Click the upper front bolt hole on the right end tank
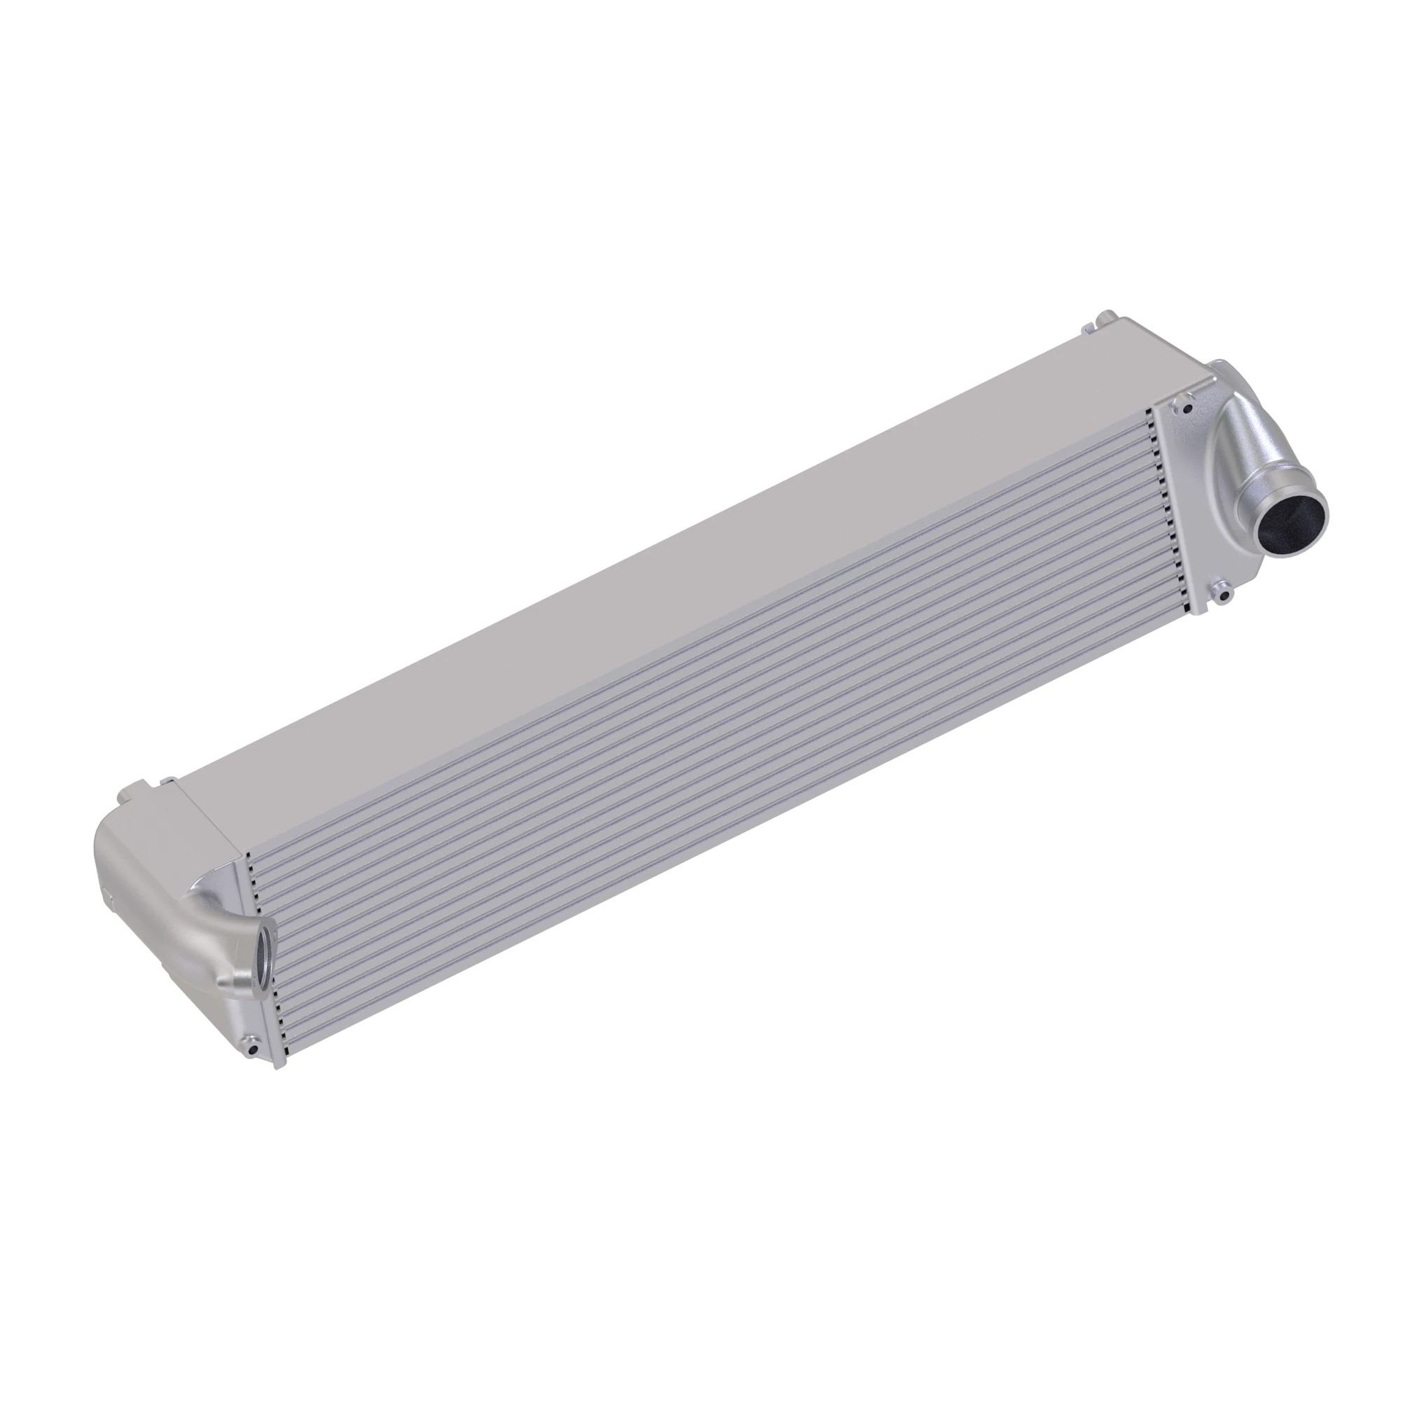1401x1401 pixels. pyautogui.click(x=1187, y=408)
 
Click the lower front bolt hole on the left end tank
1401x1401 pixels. pyautogui.click(x=251, y=1049)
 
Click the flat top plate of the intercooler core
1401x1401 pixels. pyautogui.click(x=653, y=580)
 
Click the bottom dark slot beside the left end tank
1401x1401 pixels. pyautogui.click(x=287, y=1054)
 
